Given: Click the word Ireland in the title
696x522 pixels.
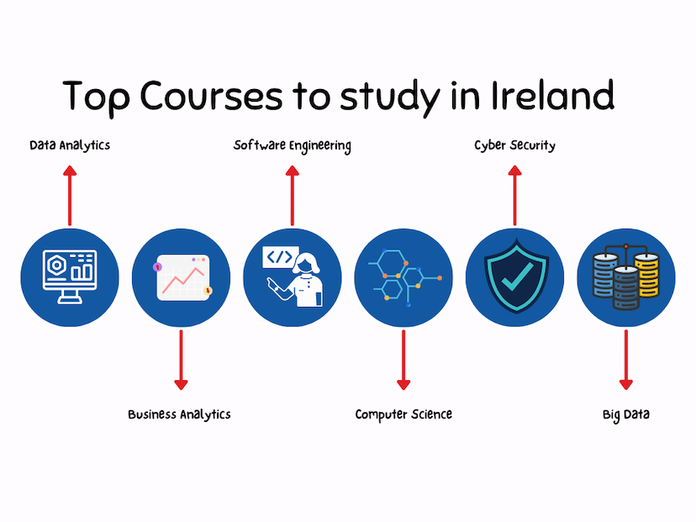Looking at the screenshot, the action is [552, 95].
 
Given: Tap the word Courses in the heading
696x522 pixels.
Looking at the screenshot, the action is [211, 95].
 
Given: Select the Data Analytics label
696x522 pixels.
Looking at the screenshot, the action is [70, 145].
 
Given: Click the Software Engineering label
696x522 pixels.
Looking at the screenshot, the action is [292, 145].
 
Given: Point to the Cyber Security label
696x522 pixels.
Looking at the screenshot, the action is [514, 145].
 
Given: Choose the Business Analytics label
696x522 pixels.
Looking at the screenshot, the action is [179, 414].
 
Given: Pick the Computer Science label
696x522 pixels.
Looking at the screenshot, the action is [403, 414].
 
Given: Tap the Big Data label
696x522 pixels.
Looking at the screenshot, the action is [626, 414].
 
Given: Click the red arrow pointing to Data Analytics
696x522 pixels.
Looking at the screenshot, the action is [70, 195].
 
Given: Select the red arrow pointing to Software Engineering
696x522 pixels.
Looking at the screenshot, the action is [292, 195].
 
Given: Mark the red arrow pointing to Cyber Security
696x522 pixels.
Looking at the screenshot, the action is [514, 195].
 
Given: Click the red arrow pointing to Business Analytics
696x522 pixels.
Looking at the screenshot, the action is [181, 360].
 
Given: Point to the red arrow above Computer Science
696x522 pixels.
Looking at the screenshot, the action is [403, 360].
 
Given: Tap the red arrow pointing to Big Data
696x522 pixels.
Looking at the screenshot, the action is [626, 360].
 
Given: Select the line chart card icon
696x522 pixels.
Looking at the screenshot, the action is [183, 277].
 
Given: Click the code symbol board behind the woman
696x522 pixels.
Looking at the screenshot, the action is [280, 257].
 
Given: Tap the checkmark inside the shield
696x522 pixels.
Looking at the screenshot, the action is [517, 277].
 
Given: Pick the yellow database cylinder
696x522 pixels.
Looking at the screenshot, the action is [647, 275].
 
